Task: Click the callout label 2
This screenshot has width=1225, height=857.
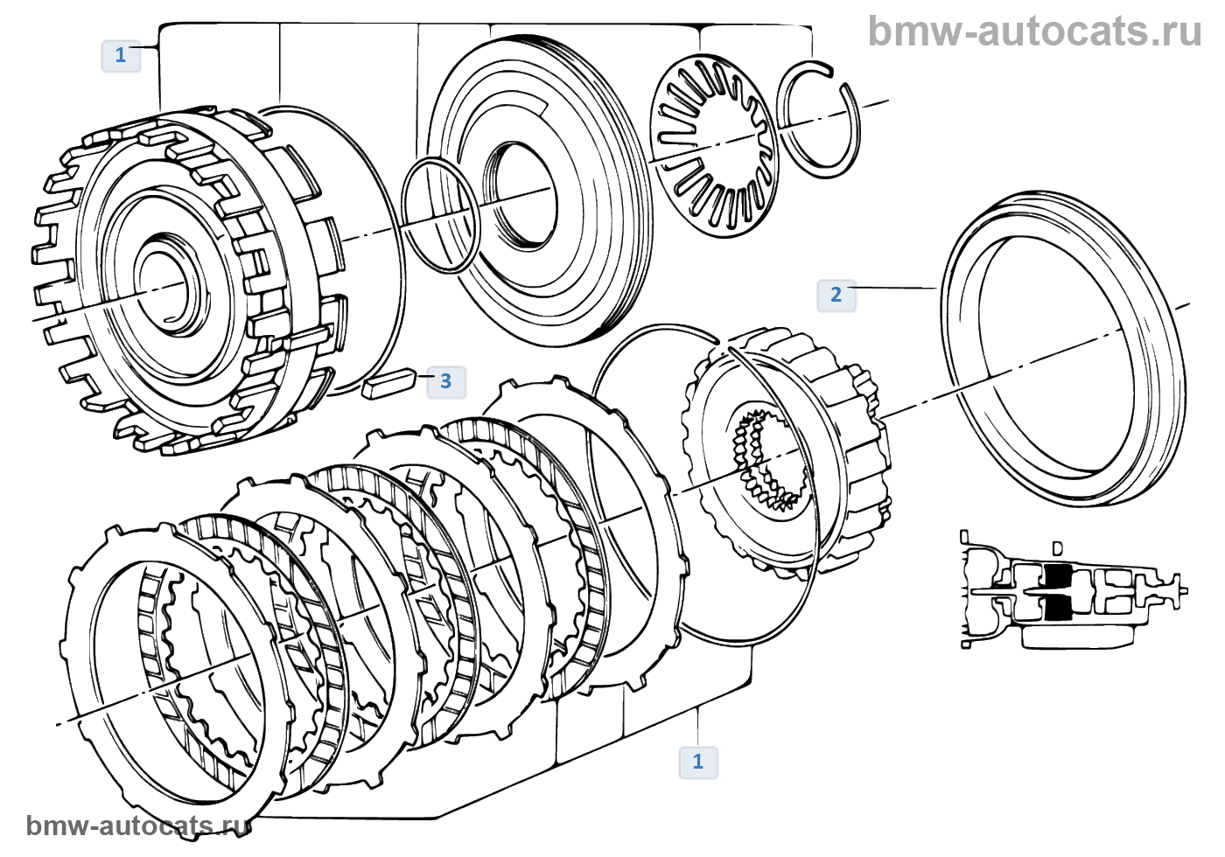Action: pos(836,295)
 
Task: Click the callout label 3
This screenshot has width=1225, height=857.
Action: pos(445,381)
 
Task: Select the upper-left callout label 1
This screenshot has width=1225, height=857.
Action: pos(121,56)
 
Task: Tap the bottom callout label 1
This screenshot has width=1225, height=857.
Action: pos(697,762)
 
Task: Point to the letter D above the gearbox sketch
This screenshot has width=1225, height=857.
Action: pos(1057,549)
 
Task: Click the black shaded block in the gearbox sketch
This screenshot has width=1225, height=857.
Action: pos(1058,591)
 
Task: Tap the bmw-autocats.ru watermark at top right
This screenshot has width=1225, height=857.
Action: pos(1034,31)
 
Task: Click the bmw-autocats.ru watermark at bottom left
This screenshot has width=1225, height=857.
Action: pos(136,826)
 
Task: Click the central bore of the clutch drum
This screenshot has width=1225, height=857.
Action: pos(164,282)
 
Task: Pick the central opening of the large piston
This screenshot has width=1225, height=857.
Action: pos(523,194)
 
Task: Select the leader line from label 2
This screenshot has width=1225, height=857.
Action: pos(892,288)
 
